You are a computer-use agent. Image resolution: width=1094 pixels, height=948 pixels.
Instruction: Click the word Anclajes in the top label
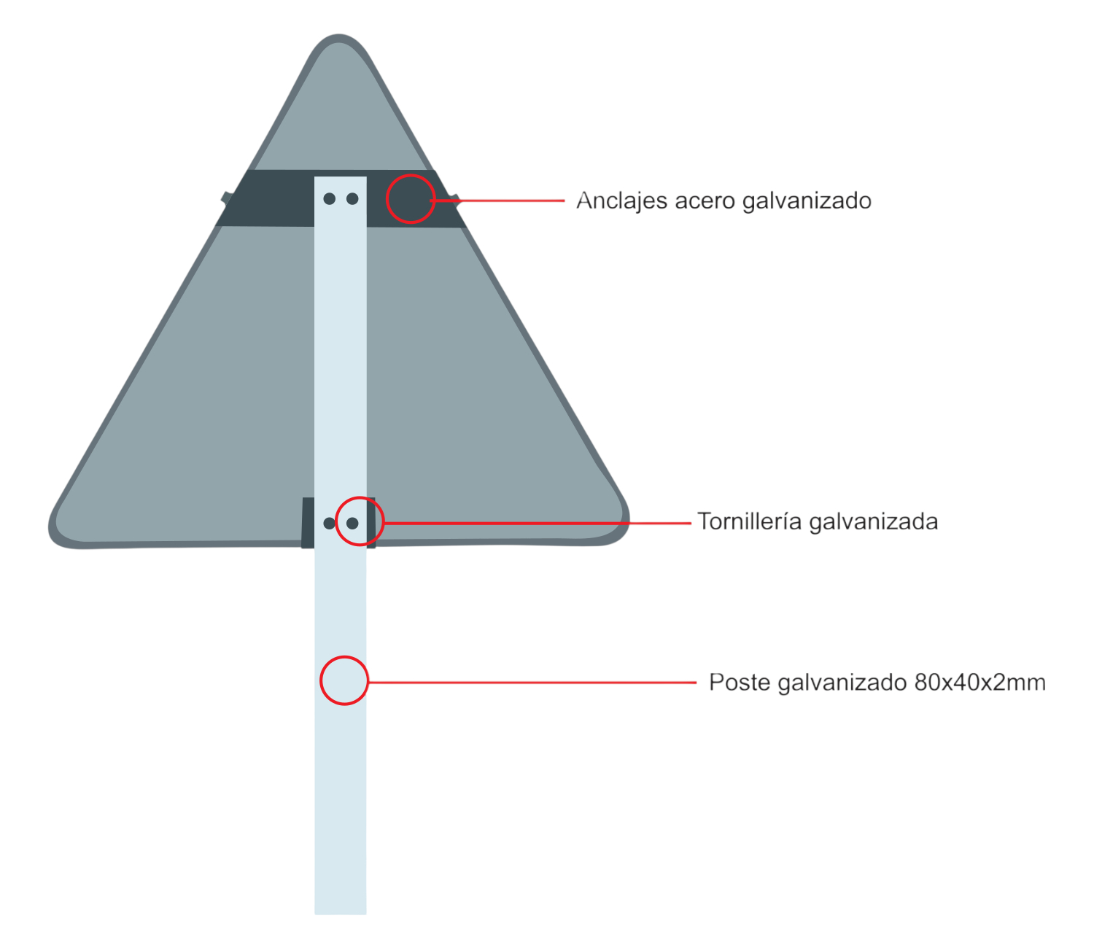coord(621,201)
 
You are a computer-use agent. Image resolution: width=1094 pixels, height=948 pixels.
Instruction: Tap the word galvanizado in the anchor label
coord(807,202)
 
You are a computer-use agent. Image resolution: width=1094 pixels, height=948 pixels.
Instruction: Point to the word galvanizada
coord(874,522)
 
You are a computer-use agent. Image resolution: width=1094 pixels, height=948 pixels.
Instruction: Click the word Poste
coord(740,683)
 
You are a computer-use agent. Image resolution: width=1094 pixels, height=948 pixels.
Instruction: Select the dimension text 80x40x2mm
coord(979,683)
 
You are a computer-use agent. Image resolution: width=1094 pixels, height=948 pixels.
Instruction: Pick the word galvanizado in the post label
coord(842,683)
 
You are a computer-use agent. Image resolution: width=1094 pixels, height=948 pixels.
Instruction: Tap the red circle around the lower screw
coord(360,498)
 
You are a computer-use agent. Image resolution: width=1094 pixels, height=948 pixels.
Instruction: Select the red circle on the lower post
coord(344,658)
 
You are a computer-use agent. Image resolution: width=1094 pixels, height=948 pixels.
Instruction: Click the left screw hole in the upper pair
coord(329,198)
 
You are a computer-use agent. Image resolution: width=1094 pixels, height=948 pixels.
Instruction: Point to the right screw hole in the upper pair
coord(352,198)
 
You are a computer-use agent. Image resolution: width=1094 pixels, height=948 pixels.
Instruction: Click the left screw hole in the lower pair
coord(329,523)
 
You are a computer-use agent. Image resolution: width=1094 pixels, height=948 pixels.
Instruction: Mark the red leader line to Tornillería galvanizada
coord(538,523)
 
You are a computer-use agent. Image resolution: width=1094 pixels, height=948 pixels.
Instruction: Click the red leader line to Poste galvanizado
coord(532,683)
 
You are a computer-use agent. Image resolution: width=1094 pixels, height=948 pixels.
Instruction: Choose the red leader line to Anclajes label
coord(498,201)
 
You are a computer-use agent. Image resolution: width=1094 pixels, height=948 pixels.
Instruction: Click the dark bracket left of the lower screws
coord(308,523)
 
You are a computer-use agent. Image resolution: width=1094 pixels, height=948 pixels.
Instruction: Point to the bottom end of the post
coord(341,914)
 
